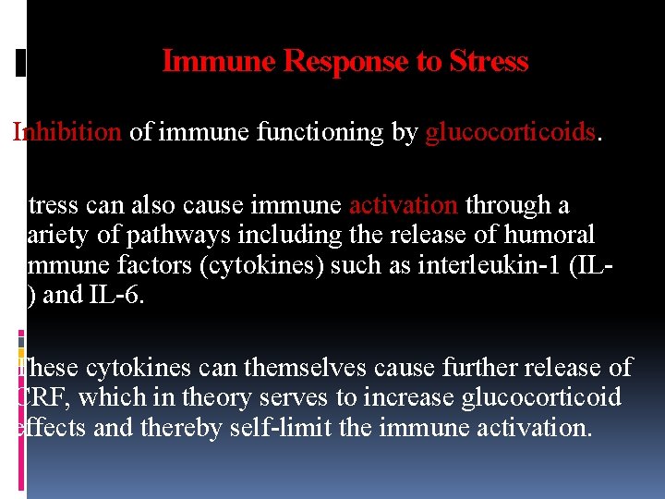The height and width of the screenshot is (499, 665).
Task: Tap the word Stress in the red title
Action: [489, 62]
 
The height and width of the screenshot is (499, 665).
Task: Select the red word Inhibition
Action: [67, 132]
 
